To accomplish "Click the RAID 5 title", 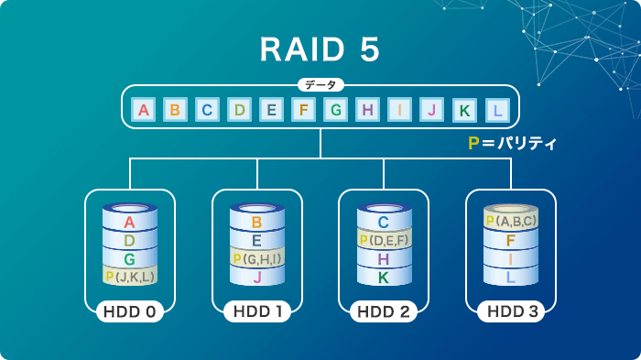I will pyautogui.click(x=320, y=50).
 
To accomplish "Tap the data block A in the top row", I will pyautogui.click(x=142, y=111).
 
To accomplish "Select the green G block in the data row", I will pyautogui.click(x=336, y=111).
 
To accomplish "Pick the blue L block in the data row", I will pyautogui.click(x=497, y=111).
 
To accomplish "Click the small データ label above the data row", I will pyautogui.click(x=320, y=85).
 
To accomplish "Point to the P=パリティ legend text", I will pyautogui.click(x=513, y=144).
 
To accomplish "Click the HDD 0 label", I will pyautogui.click(x=129, y=312).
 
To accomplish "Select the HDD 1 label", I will pyautogui.click(x=256, y=312).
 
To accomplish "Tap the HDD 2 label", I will pyautogui.click(x=384, y=312).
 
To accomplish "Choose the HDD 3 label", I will pyautogui.click(x=511, y=312).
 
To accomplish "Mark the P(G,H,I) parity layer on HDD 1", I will pyautogui.click(x=256, y=259).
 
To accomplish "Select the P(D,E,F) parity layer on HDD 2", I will pyautogui.click(x=384, y=241).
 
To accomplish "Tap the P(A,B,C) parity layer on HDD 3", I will pyautogui.click(x=511, y=221).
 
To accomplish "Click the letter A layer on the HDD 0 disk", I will pyautogui.click(x=129, y=223).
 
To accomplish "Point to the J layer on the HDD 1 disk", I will pyautogui.click(x=256, y=277).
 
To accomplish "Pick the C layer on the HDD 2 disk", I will pyautogui.click(x=384, y=222).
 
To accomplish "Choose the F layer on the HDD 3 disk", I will pyautogui.click(x=511, y=241).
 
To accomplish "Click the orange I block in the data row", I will pyautogui.click(x=400, y=111).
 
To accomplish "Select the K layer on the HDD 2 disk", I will pyautogui.click(x=384, y=277).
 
